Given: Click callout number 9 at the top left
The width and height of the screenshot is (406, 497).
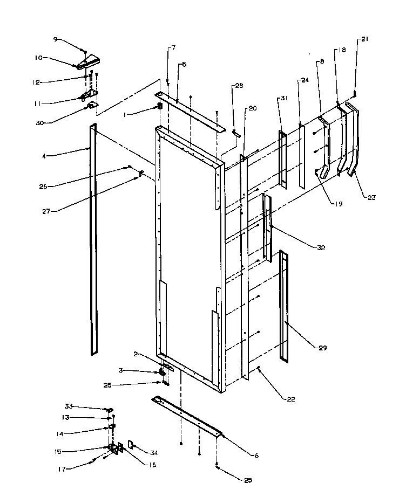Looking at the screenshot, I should tap(55, 39).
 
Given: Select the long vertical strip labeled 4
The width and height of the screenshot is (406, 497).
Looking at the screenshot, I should tap(94, 237).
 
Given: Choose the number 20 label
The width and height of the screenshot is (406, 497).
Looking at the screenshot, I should tap(252, 108).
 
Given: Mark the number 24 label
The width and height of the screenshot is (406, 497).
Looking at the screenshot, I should tap(305, 80).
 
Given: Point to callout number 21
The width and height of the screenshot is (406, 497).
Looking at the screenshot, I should tap(364, 39).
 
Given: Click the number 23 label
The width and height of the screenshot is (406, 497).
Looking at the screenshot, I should tap(370, 197).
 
